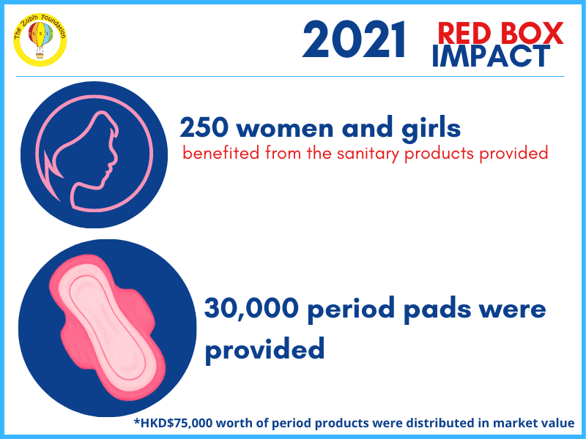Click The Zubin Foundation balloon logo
(40, 40)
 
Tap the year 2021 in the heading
(354, 40)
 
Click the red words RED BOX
(500, 33)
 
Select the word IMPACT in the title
(491, 56)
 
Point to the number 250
(204, 127)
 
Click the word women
(285, 130)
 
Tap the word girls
(431, 129)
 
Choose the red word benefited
(221, 153)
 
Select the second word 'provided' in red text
(513, 154)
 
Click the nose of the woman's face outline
(113, 163)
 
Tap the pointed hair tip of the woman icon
(45, 152)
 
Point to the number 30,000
(251, 308)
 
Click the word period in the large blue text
(351, 310)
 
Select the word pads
(437, 310)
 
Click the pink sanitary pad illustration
(107, 327)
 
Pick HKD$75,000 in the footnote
(177, 423)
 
